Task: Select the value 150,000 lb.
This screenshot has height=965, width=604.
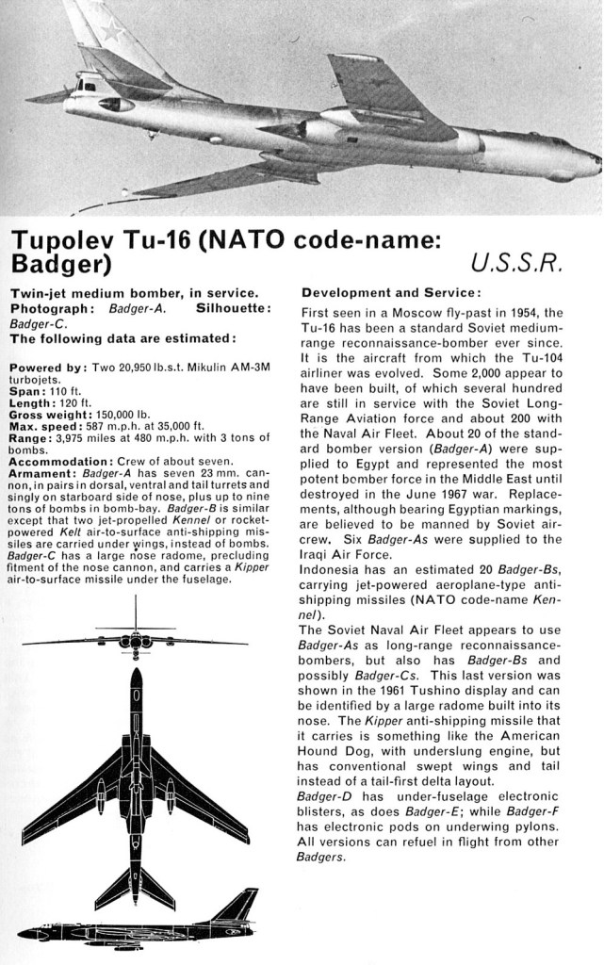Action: tap(125, 414)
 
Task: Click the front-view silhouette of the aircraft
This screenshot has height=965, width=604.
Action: tap(136, 642)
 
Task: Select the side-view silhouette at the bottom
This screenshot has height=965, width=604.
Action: tap(138, 928)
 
